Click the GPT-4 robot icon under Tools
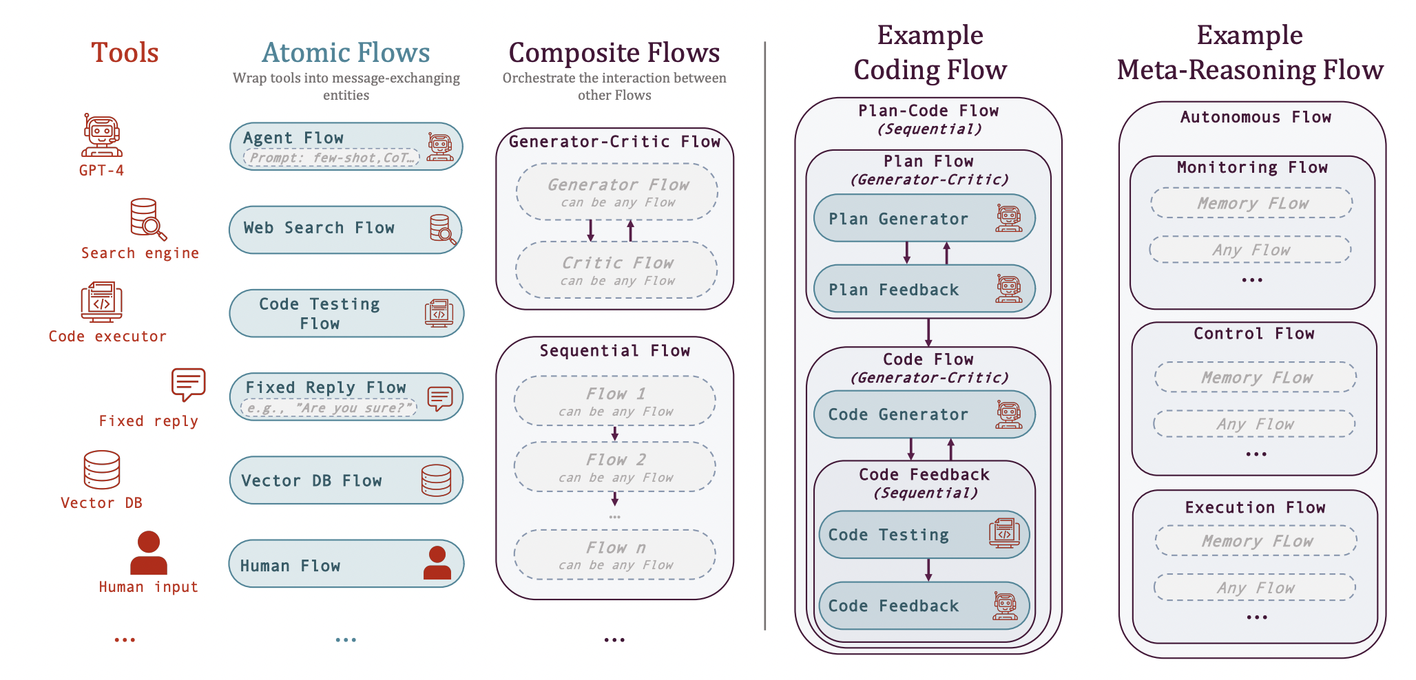point(102,136)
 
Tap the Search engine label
point(140,253)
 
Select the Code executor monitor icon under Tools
point(101,301)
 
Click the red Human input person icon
point(148,553)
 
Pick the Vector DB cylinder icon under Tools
point(102,469)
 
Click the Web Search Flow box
point(345,229)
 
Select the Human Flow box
point(345,564)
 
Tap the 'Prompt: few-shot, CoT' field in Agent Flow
point(331,158)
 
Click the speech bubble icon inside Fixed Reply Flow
point(440,398)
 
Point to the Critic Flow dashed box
point(616,270)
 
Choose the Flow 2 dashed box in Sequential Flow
point(615,467)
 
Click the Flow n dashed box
point(615,555)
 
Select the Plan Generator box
point(924,218)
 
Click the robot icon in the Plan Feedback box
point(1009,289)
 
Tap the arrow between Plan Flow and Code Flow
point(928,332)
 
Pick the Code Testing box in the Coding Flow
point(924,534)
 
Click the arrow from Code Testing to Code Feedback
point(928,569)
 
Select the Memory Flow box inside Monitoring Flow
point(1251,203)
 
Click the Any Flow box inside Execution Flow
point(1254,588)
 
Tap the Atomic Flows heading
point(346,53)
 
